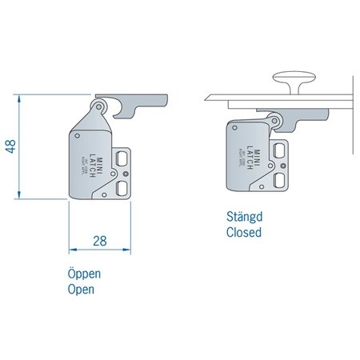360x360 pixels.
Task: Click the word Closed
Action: coord(245,233)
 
